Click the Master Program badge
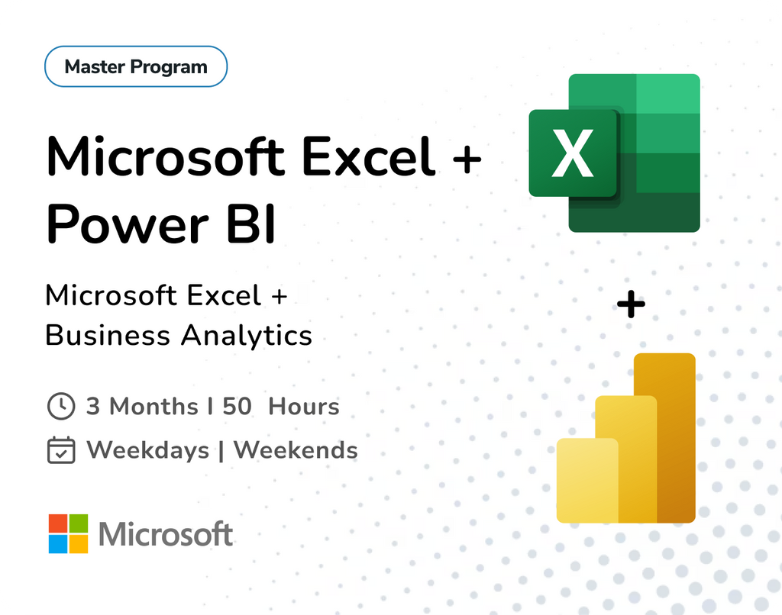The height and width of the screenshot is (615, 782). point(136,66)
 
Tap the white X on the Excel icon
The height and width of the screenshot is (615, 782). point(573,153)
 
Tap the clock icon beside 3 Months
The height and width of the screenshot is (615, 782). point(61,406)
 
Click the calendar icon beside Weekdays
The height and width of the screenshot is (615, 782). point(61,450)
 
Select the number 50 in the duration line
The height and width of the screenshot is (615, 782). point(237,406)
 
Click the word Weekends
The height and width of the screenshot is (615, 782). point(296,450)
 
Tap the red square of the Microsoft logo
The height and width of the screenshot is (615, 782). point(58,523)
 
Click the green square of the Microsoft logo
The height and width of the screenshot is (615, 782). point(79,523)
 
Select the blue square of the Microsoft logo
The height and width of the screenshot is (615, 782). point(58,543)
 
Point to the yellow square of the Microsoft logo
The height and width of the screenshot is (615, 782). point(79,543)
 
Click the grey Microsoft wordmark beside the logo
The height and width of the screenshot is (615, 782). point(166,534)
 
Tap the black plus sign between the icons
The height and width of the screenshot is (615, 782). point(631,306)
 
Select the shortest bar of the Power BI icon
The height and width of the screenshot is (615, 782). point(586,481)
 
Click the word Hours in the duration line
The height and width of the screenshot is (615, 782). point(304,406)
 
